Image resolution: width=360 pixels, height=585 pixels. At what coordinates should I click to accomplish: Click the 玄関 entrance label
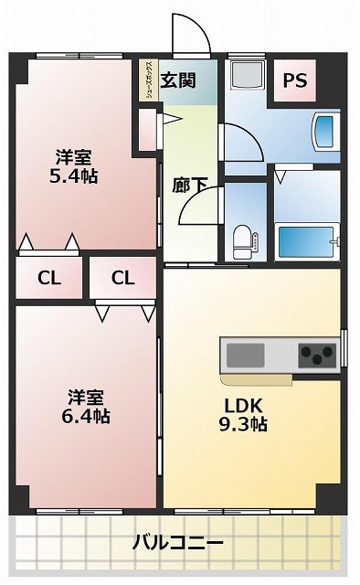pyautogui.click(x=179, y=80)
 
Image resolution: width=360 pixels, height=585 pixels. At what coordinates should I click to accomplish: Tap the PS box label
pyautogui.click(x=294, y=80)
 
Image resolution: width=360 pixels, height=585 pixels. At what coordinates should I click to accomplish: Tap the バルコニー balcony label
pyautogui.click(x=177, y=544)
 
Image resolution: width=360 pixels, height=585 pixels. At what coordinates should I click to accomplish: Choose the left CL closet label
pyautogui.click(x=49, y=278)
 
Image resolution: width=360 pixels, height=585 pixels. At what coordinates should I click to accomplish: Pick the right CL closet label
pyautogui.click(x=123, y=278)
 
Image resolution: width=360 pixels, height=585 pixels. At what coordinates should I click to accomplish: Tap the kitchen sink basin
pyautogui.click(x=246, y=353)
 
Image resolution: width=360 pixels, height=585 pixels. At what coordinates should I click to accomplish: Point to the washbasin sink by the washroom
pyautogui.click(x=324, y=131)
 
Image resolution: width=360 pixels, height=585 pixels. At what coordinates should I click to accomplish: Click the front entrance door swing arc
pyautogui.click(x=194, y=37)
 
